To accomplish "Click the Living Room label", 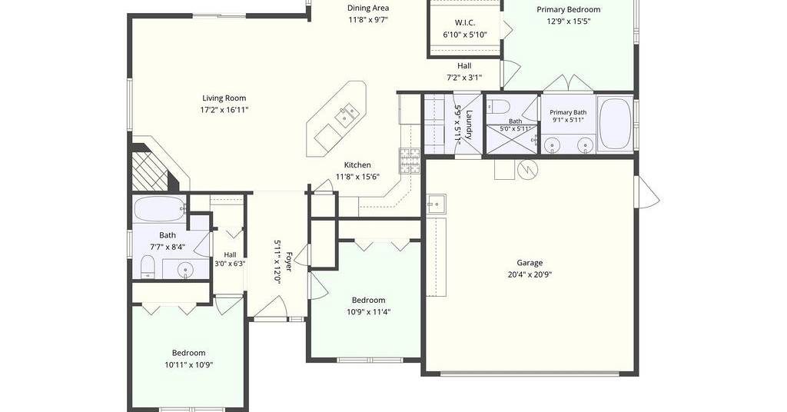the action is (224, 98).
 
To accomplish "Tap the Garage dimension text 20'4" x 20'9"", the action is (530, 274).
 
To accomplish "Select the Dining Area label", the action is (368, 8).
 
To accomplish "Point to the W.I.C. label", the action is (465, 22).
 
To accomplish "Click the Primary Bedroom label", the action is (568, 9).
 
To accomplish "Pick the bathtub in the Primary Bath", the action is (615, 124).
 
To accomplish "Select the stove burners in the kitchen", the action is (409, 161).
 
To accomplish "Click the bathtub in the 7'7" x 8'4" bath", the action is (160, 209).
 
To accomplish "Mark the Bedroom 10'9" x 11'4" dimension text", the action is (368, 312).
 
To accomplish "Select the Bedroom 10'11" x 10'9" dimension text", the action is (189, 365).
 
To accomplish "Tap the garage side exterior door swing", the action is (647, 190).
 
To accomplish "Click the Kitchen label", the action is (357, 164).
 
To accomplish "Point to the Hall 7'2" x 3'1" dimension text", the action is (464, 78).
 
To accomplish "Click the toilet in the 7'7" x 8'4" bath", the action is (148, 266).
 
